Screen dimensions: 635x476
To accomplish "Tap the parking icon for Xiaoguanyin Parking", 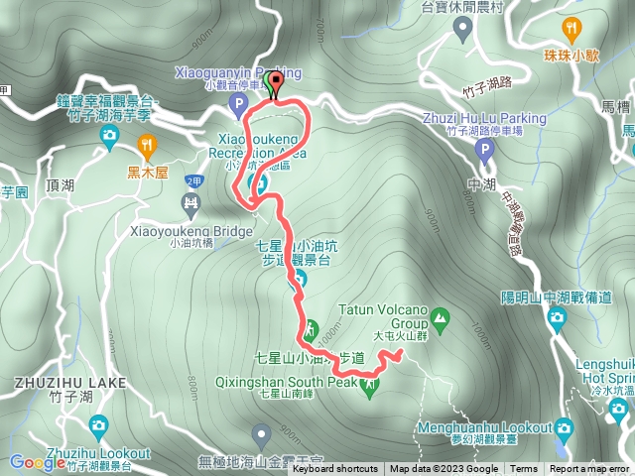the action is point(237,102).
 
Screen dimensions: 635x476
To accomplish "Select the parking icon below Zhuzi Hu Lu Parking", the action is point(485,151).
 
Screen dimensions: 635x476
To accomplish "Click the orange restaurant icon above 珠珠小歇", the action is point(571,28).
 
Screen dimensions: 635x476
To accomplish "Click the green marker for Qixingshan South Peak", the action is point(370,387).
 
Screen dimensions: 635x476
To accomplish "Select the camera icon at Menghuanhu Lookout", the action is point(565,428).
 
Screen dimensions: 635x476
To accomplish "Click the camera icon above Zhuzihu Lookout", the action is point(98,426).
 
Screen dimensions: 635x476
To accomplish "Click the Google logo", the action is point(38,462).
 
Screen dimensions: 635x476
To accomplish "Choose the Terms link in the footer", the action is point(524,469).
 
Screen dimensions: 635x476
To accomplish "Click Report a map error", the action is point(590,469).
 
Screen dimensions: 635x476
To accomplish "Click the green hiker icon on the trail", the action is point(310,327).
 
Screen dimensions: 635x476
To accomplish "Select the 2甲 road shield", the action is point(192,180).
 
